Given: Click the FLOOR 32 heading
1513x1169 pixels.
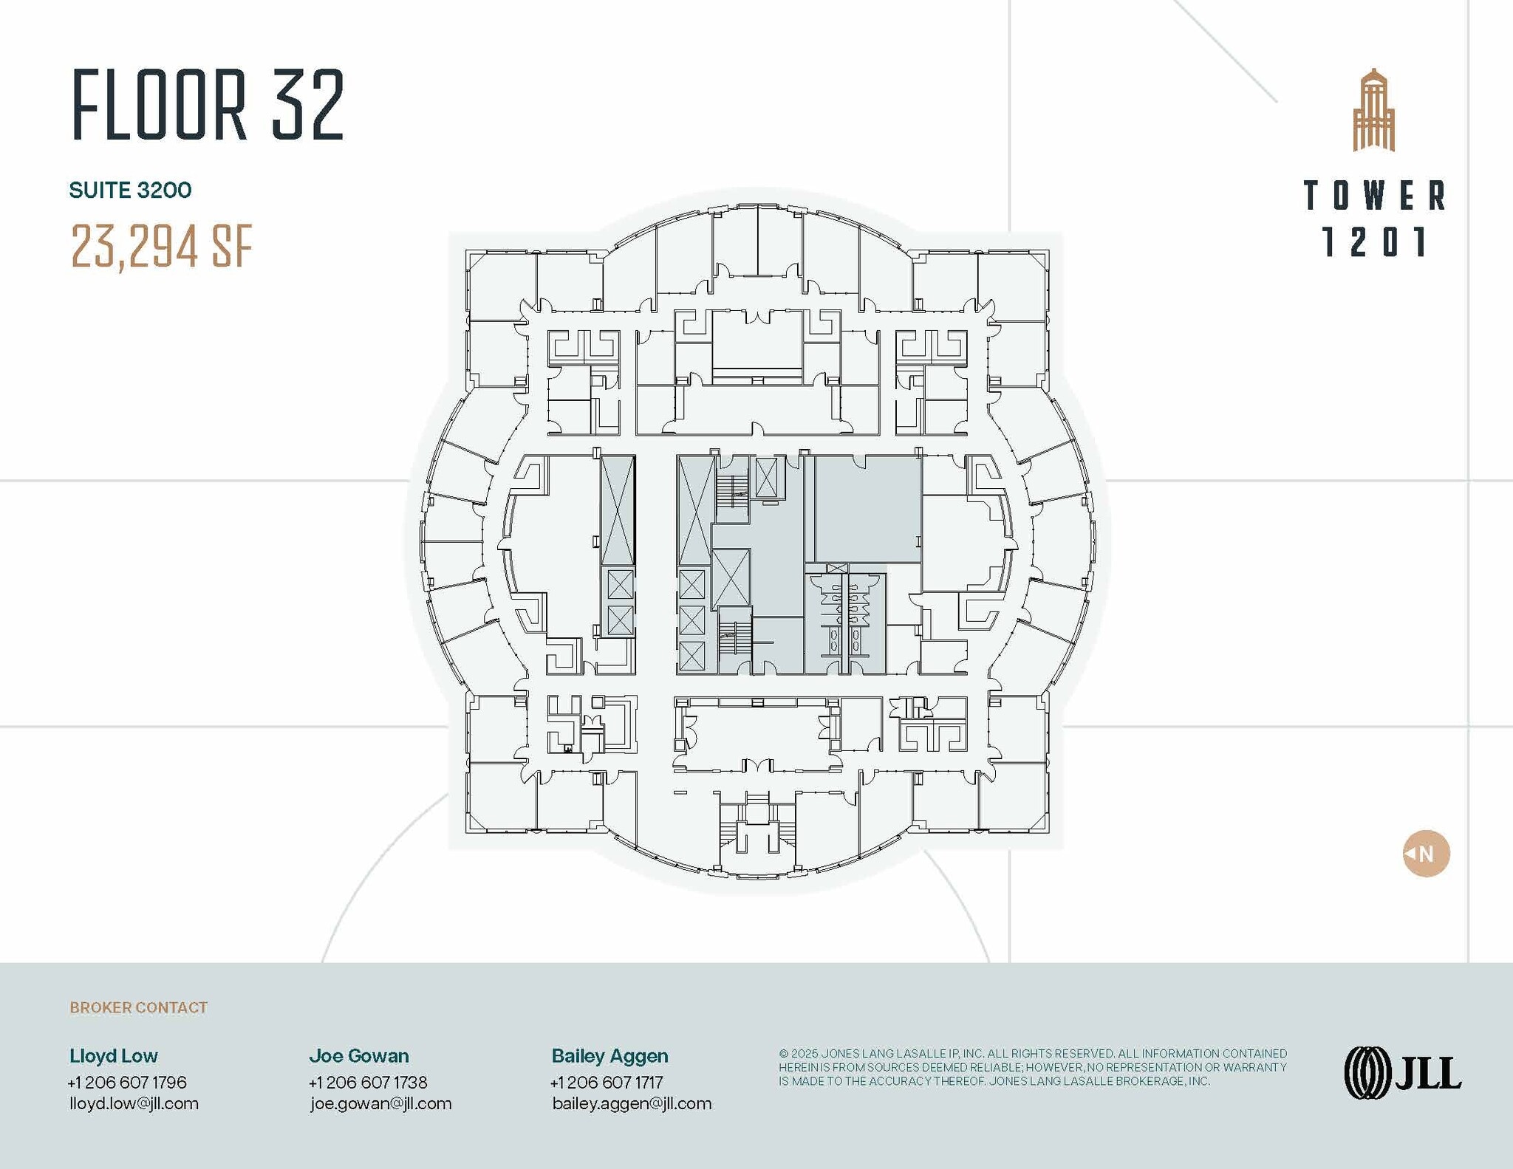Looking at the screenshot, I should pyautogui.click(x=208, y=105).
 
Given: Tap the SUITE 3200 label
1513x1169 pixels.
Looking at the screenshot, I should pyautogui.click(x=130, y=191).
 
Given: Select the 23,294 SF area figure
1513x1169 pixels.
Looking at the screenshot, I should pyautogui.click(x=162, y=246).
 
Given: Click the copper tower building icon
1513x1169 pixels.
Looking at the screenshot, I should pyautogui.click(x=1373, y=111).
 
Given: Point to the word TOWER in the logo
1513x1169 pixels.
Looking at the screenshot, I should pyautogui.click(x=1373, y=196).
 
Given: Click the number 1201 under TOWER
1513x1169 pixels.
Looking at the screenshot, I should pyautogui.click(x=1373, y=242).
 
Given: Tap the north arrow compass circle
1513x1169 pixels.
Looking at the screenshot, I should pyautogui.click(x=1426, y=854).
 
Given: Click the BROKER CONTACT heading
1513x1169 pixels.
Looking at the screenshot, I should pyautogui.click(x=138, y=1007).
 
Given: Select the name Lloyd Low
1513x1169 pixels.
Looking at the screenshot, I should pyautogui.click(x=114, y=1055).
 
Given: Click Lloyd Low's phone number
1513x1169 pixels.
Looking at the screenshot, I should pyautogui.click(x=127, y=1082).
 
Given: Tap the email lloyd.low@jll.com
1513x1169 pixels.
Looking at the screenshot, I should pyautogui.click(x=134, y=1103).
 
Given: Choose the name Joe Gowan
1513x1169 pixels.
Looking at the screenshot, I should pyautogui.click(x=359, y=1055).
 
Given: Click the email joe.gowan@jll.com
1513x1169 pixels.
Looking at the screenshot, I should pyautogui.click(x=380, y=1103).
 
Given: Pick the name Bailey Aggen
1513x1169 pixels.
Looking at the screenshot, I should pyautogui.click(x=609, y=1055).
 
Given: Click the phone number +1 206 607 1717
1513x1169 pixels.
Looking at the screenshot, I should pyautogui.click(x=607, y=1082).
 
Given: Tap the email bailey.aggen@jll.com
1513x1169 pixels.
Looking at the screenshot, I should pyautogui.click(x=632, y=1103).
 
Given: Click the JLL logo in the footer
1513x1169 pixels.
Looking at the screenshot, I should pyautogui.click(x=1402, y=1073).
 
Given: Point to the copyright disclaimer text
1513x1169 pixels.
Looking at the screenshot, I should pyautogui.click(x=1032, y=1067).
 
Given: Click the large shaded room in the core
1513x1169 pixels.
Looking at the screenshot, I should pyautogui.click(x=867, y=509).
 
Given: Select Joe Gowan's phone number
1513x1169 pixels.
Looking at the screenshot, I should pyautogui.click(x=368, y=1082).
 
